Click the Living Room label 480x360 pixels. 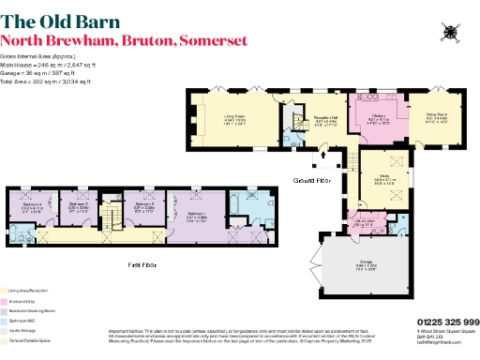tap(234, 118)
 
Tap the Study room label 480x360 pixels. tap(385, 178)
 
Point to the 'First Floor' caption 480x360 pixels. tap(142, 265)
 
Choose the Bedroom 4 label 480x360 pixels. tap(32, 206)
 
